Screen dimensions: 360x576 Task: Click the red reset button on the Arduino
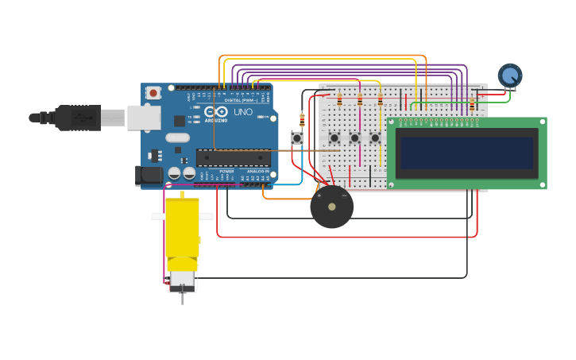pos(154,93)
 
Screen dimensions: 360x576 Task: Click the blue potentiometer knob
pos(509,75)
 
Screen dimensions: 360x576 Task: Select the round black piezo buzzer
pos(331,207)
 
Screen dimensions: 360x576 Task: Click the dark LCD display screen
pos(467,153)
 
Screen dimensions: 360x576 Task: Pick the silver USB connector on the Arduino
pos(143,118)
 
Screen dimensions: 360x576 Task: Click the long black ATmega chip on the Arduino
pos(233,157)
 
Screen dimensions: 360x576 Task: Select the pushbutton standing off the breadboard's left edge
pos(297,138)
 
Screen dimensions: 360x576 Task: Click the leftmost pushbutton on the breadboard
pos(334,137)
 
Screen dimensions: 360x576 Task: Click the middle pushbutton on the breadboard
pos(355,137)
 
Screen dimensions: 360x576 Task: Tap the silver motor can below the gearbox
pos(182,280)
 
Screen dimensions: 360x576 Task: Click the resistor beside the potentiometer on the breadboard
pos(472,103)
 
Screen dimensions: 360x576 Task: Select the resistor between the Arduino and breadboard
pos(302,120)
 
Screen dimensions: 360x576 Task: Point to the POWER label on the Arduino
pos(227,171)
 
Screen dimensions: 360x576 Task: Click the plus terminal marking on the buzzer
pos(319,195)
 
